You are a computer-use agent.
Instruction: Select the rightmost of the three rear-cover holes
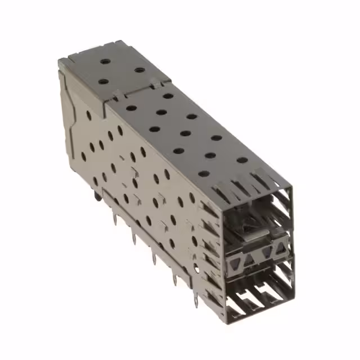click(x=140, y=70)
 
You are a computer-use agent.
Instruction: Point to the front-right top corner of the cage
click(x=291, y=184)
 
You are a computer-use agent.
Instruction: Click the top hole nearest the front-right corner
click(x=242, y=160)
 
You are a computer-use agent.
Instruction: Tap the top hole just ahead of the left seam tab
click(x=130, y=107)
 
